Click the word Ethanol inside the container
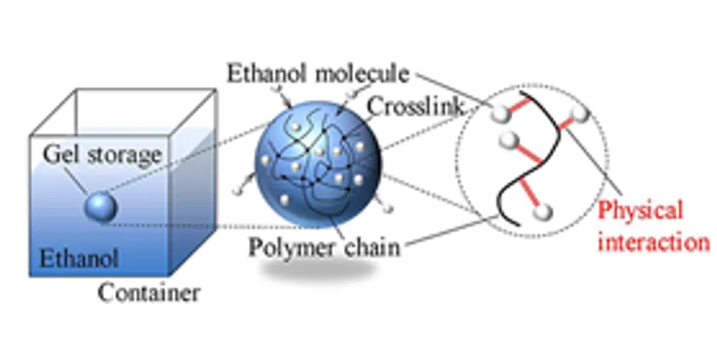pyautogui.click(x=79, y=258)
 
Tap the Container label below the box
pyautogui.click(x=149, y=293)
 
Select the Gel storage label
pyautogui.click(x=102, y=155)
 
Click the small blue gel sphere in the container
pyautogui.click(x=101, y=208)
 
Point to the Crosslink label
pyautogui.click(x=415, y=107)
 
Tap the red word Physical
pyautogui.click(x=640, y=211)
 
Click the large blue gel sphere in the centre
pyautogui.click(x=318, y=165)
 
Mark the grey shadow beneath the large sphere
pyautogui.click(x=318, y=269)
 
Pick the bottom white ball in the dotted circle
pyautogui.click(x=543, y=212)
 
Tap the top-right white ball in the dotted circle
pyautogui.click(x=580, y=113)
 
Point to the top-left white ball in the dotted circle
pyautogui.click(x=501, y=113)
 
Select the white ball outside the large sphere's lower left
pyautogui.click(x=237, y=189)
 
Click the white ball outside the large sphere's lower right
pyautogui.click(x=388, y=208)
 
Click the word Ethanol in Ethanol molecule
pyautogui.click(x=266, y=74)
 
